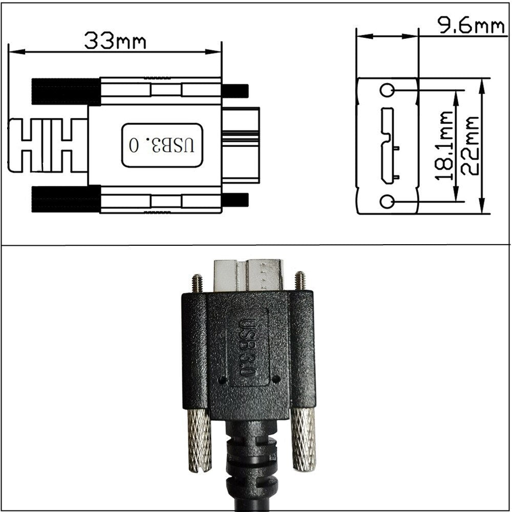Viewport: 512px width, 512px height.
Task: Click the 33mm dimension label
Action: pos(115,40)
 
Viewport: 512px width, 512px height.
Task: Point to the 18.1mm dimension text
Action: pos(444,146)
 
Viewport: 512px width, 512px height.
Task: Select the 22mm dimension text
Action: pos(470,146)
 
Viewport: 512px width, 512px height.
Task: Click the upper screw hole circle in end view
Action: pos(387,91)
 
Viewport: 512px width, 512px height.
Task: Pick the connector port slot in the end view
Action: pos(387,146)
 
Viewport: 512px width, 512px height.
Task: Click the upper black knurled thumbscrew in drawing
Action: pos(66,92)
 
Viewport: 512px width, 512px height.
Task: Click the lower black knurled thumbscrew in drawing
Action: pos(66,199)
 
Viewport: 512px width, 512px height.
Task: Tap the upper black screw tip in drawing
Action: pos(235,91)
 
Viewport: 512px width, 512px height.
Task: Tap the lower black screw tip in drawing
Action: pos(235,200)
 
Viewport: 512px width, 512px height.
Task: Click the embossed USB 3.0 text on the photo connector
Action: pos(247,348)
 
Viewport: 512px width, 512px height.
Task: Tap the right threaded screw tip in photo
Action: pos(301,281)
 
